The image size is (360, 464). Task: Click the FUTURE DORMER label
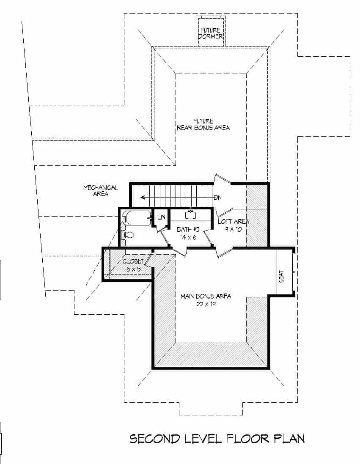pos(211,33)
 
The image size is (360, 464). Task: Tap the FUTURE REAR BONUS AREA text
pos(203,124)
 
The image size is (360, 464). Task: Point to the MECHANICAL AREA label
pos(101,191)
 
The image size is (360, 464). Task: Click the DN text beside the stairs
pos(218,198)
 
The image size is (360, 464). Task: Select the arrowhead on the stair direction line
pos(143,197)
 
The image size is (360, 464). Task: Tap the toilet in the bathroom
pos(127,234)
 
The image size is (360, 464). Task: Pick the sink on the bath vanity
pos(190,214)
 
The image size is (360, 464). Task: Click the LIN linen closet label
pos(161,217)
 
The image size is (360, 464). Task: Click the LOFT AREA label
pos(233,221)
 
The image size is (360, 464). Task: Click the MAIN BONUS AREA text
pos(206,296)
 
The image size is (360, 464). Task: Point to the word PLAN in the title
pos(289,439)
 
